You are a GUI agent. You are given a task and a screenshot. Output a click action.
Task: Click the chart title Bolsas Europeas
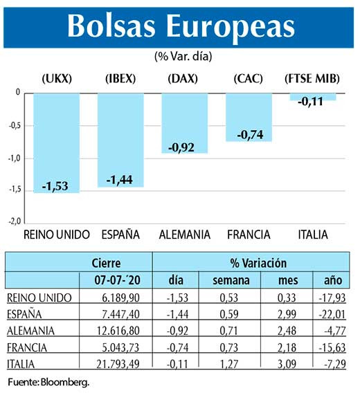pos(180,26)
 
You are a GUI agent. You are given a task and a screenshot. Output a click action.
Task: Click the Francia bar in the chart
pos(249,117)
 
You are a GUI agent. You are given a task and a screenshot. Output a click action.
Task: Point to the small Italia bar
pos(313,97)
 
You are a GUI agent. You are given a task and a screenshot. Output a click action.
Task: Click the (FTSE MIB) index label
pos(313,78)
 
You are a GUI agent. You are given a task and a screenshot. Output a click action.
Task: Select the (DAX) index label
pos(184,78)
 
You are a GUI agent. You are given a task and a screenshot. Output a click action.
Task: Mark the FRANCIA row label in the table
pos(29,346)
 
